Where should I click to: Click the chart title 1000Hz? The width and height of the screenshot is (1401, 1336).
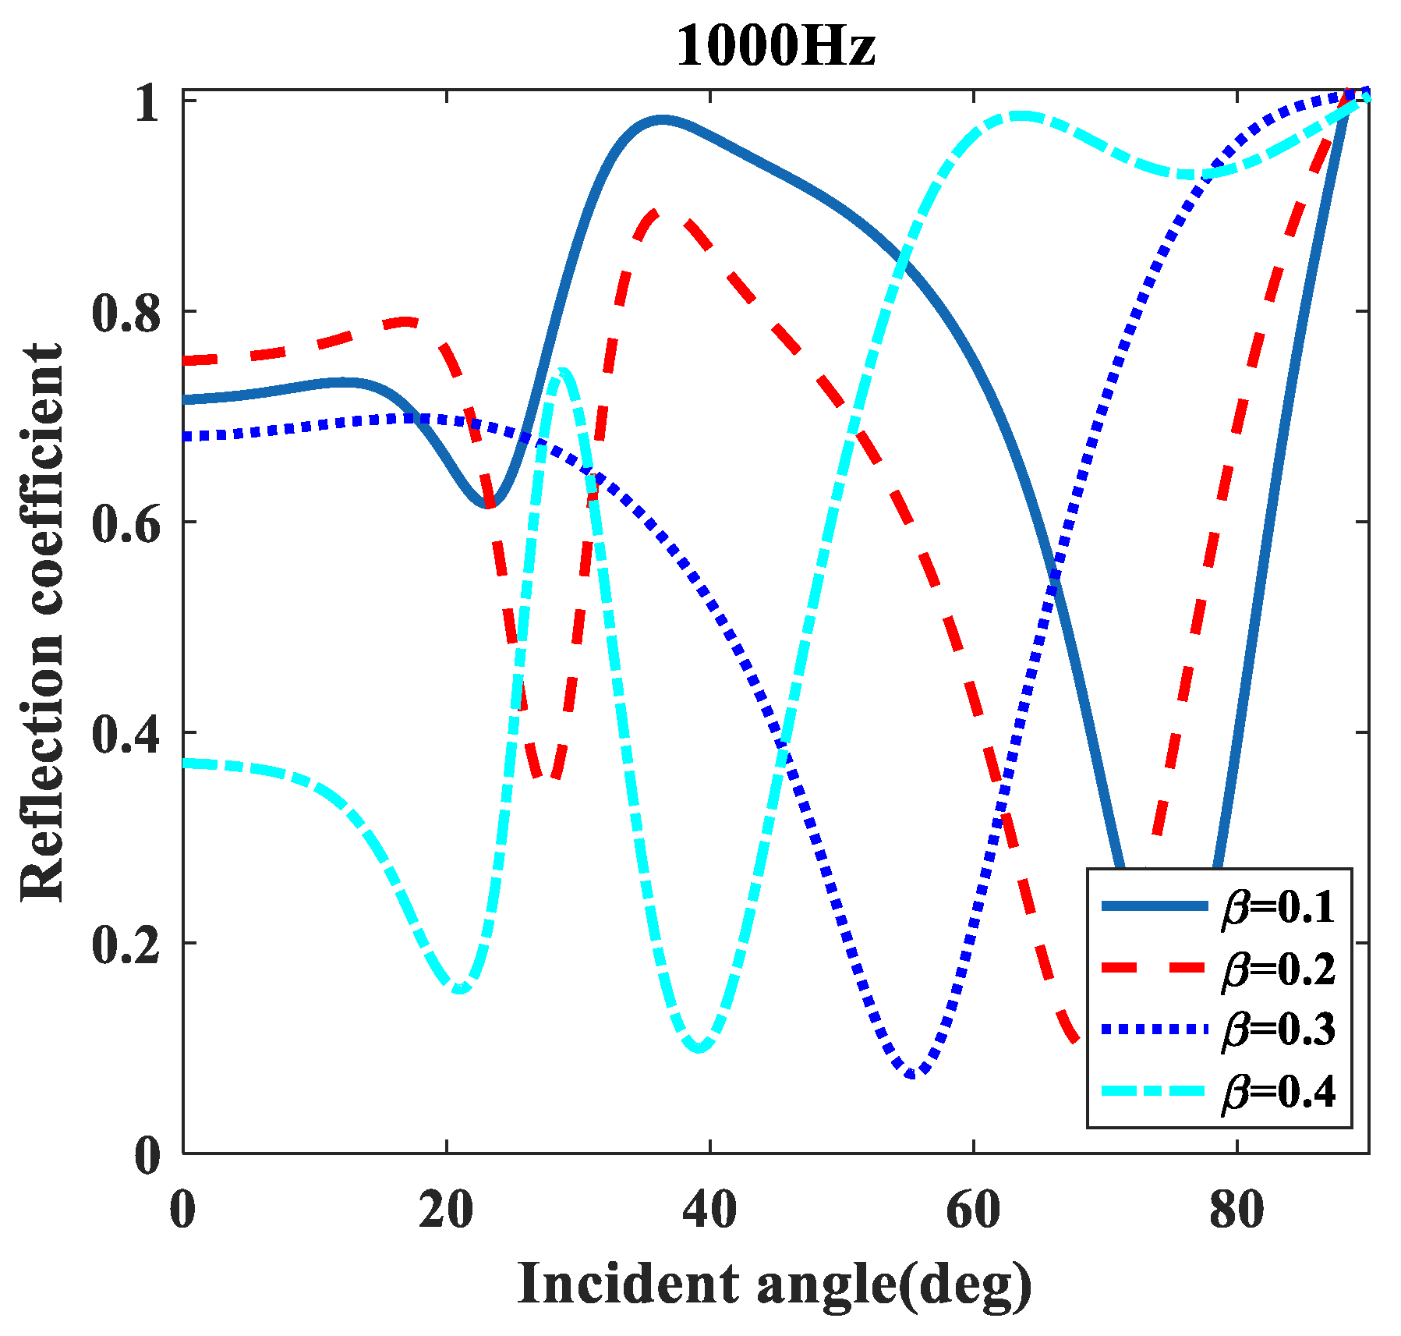775,45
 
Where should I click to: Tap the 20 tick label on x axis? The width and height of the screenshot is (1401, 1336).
446,1211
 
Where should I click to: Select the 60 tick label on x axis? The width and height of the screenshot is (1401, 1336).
974,1211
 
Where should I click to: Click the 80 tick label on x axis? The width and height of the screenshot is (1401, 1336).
1237,1211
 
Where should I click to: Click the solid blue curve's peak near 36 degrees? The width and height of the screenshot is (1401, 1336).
661,120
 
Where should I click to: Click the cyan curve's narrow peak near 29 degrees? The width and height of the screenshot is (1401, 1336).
563,373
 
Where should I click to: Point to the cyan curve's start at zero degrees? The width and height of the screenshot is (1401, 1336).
185,763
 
